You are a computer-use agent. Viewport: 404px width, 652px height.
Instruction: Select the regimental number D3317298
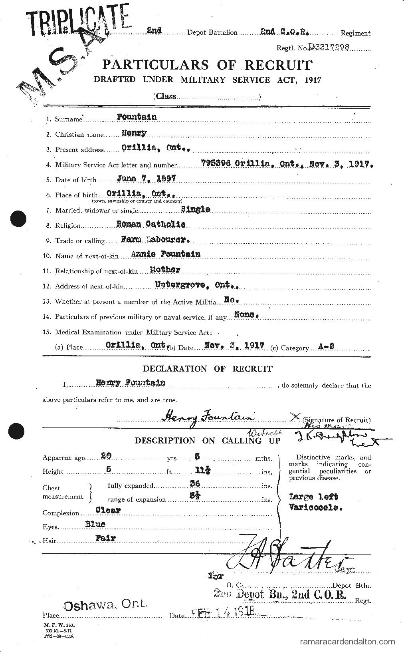(x=328, y=47)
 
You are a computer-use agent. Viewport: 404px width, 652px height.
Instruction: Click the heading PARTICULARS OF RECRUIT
(x=207, y=65)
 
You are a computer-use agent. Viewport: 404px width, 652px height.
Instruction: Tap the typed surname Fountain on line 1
(x=136, y=117)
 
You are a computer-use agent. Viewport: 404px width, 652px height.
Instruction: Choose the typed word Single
(x=196, y=209)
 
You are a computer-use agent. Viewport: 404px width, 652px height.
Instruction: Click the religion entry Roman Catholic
(x=151, y=224)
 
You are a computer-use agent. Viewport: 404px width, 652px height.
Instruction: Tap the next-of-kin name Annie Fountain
(x=165, y=254)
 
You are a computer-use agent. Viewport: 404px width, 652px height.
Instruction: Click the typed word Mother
(x=165, y=270)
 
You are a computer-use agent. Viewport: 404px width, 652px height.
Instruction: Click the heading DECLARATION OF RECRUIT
(x=208, y=368)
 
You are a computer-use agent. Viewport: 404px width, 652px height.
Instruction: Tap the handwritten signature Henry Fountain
(x=208, y=417)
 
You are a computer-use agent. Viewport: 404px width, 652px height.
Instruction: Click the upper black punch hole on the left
(x=17, y=219)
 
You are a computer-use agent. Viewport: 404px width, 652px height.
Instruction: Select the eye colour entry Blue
(x=95, y=524)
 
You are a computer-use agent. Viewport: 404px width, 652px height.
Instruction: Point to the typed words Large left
(x=313, y=497)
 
